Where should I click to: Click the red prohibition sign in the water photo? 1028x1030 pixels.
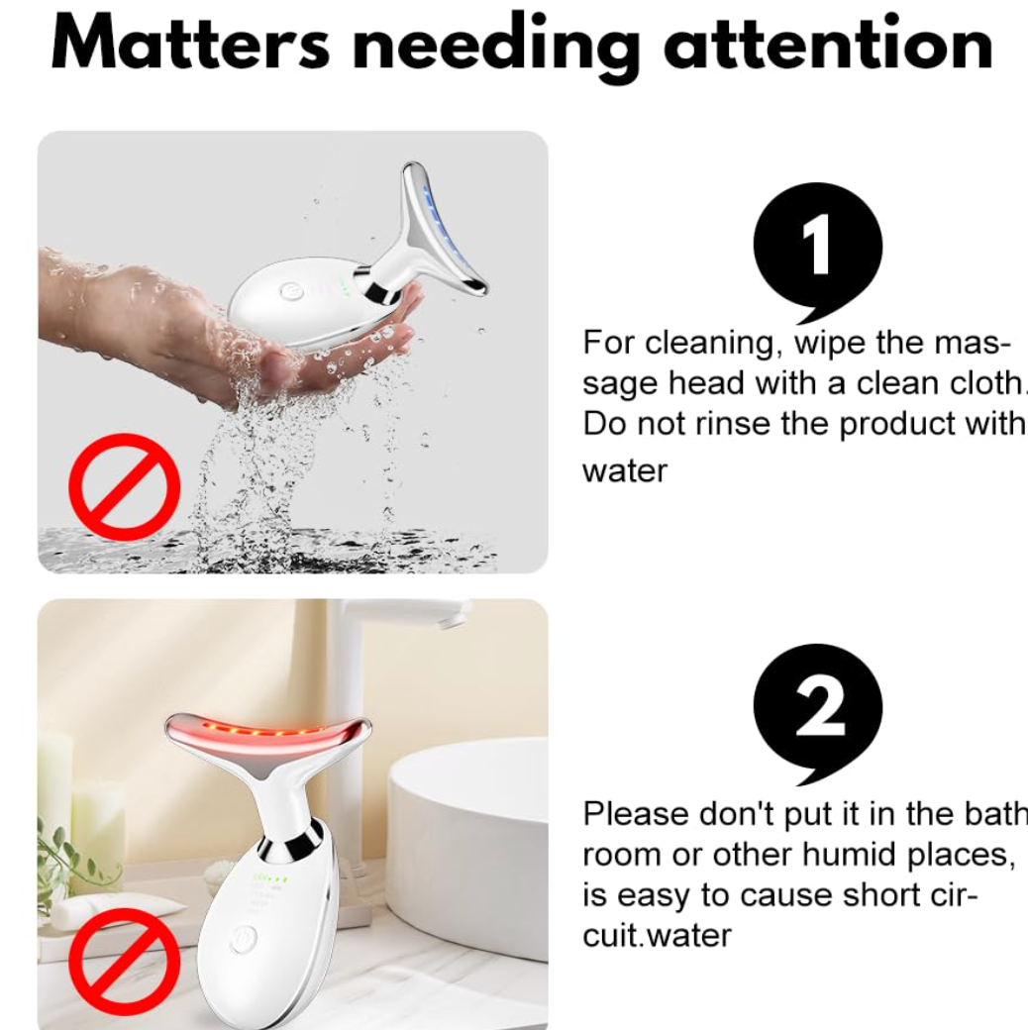(x=124, y=486)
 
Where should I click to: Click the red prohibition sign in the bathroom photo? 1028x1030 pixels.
(x=124, y=961)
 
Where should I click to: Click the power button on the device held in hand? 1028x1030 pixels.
(x=289, y=291)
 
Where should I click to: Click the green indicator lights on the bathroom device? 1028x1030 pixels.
(x=271, y=877)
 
